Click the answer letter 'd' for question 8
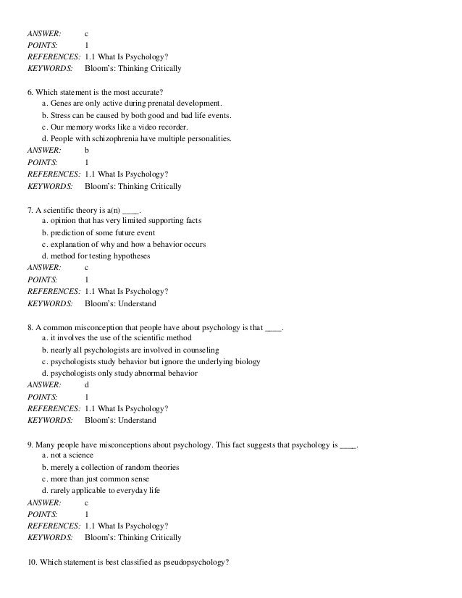88,384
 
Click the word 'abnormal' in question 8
153,373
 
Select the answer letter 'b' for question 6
88,150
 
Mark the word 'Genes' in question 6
62,104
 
